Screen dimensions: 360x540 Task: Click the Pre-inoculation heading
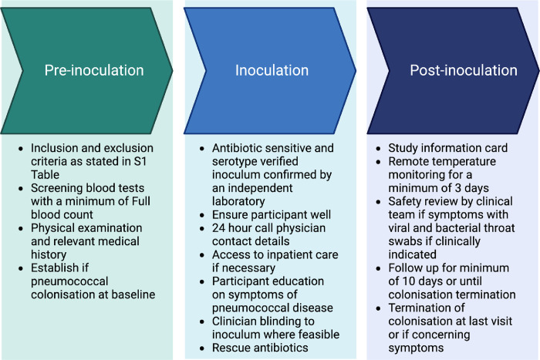93,71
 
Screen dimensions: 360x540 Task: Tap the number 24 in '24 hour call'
217,221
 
